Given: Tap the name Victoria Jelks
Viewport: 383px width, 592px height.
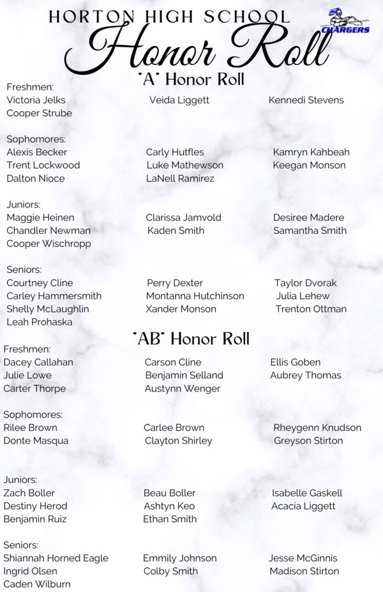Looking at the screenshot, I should tap(36, 100).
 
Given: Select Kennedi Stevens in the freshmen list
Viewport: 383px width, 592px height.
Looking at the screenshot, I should tap(306, 100).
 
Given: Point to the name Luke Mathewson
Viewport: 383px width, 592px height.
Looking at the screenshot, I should tap(184, 165).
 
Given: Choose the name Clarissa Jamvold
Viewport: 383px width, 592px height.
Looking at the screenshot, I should tap(183, 218).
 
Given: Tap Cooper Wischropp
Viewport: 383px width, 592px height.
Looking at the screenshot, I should tap(49, 244).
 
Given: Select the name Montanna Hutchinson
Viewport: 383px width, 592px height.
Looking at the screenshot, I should tap(195, 296).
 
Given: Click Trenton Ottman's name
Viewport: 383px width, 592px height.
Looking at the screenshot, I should tap(311, 309).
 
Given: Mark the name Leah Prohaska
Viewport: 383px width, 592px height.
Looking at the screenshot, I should tap(39, 323).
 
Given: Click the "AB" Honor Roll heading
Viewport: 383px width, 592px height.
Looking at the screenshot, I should tap(191, 338).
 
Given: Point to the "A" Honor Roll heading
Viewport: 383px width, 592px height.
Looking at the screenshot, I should tap(191, 79).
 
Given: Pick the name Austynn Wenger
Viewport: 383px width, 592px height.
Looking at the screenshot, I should tap(183, 389).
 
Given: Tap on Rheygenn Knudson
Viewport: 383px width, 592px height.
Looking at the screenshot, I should tap(317, 428).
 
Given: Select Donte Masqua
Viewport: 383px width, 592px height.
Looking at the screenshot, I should tap(36, 441).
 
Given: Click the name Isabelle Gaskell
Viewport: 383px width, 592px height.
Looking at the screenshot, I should tap(307, 493).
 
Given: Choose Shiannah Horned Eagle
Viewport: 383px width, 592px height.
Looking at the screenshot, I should tap(56, 558).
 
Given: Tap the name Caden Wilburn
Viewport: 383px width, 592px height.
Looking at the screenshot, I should tap(37, 584).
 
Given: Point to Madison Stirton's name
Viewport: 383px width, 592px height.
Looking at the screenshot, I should tap(304, 572).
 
